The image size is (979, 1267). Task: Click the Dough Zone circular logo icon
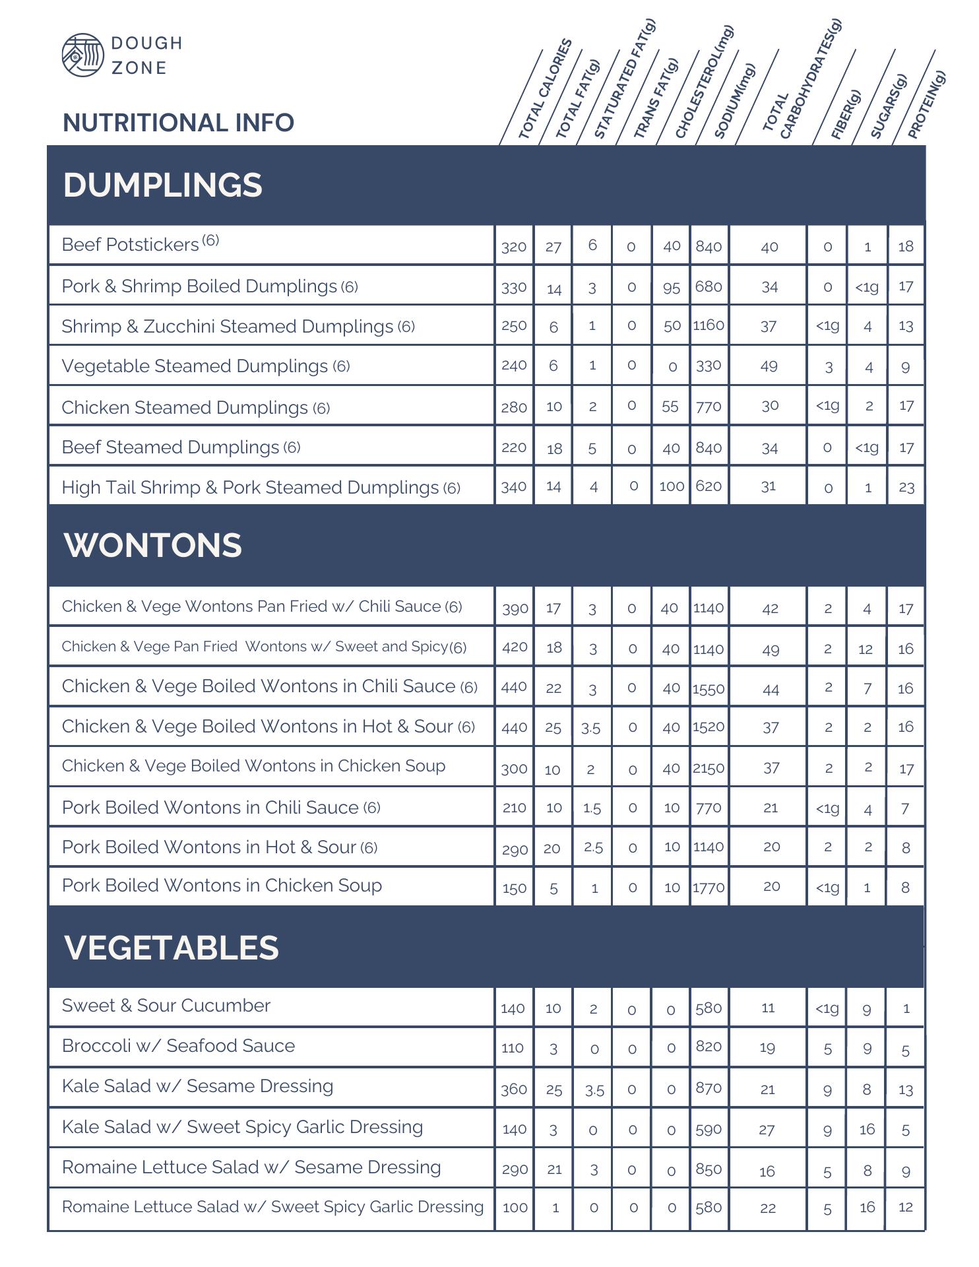[82, 55]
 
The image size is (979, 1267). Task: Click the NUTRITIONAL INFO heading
[178, 123]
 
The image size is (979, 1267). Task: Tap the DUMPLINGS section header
[163, 185]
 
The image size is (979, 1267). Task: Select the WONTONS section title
[153, 545]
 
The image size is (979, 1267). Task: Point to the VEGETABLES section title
[172, 947]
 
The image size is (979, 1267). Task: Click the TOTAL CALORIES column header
[544, 90]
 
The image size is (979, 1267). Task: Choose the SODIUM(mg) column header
[734, 102]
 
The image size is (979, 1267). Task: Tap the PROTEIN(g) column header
[926, 105]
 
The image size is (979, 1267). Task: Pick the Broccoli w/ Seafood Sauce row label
[178, 1046]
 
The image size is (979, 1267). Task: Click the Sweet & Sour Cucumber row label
[166, 1006]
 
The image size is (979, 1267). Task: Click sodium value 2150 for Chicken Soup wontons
[709, 768]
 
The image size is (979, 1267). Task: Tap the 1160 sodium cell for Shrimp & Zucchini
[709, 325]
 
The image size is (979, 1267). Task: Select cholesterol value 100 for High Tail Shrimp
[672, 486]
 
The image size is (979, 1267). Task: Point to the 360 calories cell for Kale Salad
[514, 1089]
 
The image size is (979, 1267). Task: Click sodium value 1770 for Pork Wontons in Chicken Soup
[709, 888]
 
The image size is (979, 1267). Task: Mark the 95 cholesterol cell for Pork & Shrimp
[672, 287]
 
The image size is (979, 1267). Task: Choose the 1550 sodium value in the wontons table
[709, 688]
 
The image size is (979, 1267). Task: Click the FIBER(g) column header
[846, 115]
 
